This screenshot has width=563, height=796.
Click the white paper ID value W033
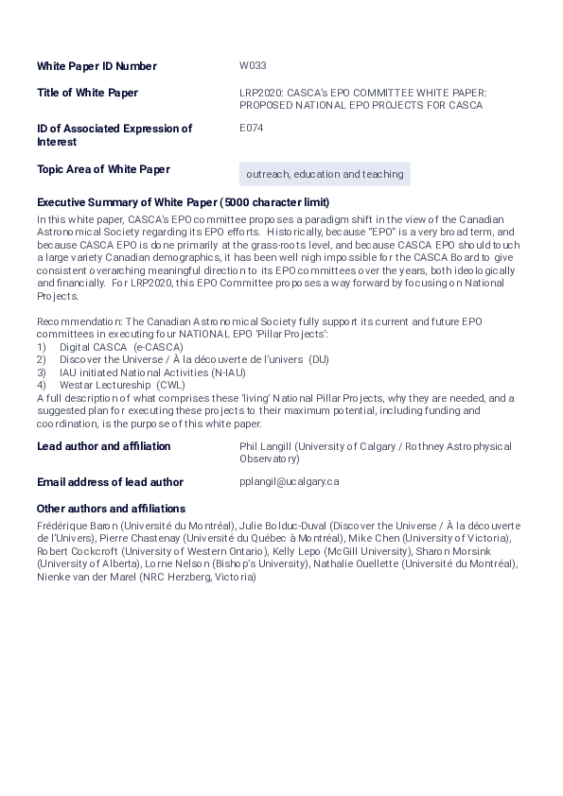click(x=253, y=66)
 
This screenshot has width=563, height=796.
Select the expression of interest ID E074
click(x=252, y=128)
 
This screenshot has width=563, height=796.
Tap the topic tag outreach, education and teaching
click(x=325, y=175)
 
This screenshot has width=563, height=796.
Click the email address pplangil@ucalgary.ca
click(x=290, y=482)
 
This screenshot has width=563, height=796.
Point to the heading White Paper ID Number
click(x=97, y=66)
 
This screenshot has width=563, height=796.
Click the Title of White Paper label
click(x=87, y=93)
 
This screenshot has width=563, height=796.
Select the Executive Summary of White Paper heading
click(x=183, y=202)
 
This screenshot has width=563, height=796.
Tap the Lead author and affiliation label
click(x=104, y=446)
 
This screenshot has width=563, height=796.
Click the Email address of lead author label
click(x=110, y=482)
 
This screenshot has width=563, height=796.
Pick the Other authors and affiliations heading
click(x=111, y=509)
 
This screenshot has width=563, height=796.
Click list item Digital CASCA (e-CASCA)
click(x=121, y=347)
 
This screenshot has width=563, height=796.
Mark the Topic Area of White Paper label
click(x=103, y=170)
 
